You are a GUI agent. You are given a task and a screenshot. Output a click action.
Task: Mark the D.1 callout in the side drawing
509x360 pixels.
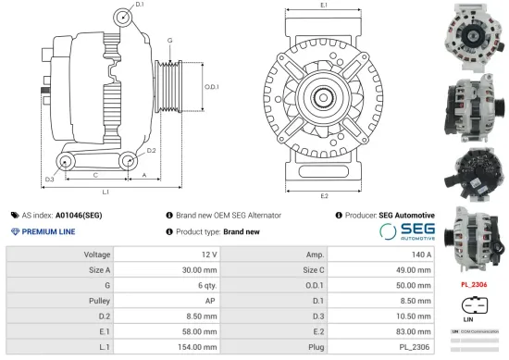click(x=140, y=6)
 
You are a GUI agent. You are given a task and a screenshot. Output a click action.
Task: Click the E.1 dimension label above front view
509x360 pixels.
click(x=322, y=6)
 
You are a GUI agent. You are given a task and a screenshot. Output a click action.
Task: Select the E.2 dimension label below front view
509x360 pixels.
click(x=324, y=196)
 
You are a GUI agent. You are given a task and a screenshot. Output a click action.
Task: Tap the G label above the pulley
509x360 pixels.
click(x=169, y=41)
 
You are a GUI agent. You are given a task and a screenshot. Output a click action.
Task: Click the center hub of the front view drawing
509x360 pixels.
click(x=323, y=96)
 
